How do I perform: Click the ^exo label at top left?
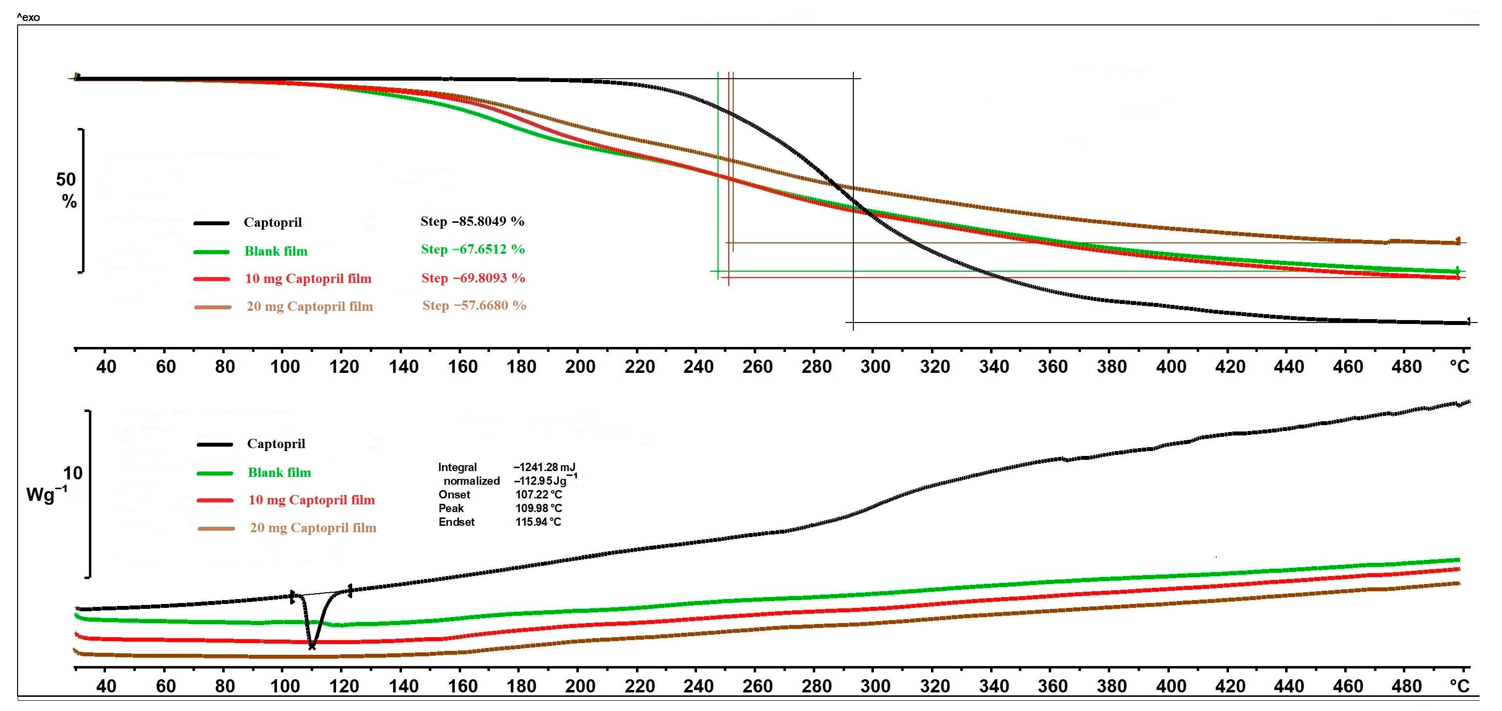[x=28, y=18]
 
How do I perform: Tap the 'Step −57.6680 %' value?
[x=474, y=305]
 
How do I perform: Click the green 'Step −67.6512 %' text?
[x=472, y=249]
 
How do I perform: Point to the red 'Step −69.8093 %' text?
[x=473, y=278]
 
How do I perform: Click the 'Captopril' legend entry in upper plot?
[x=272, y=222]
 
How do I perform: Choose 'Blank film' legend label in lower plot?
[x=279, y=473]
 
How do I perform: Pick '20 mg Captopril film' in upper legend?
[x=309, y=306]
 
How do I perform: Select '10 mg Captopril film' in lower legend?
[x=311, y=500]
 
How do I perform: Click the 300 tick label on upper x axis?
[x=875, y=367]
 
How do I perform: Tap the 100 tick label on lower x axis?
[x=285, y=686]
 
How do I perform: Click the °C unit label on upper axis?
[x=1459, y=367]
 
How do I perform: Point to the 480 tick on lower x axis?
[x=1406, y=686]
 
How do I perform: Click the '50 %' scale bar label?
[x=66, y=190]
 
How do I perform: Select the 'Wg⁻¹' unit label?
[x=46, y=495]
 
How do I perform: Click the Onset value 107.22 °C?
[x=538, y=495]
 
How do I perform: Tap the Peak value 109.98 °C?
[x=538, y=508]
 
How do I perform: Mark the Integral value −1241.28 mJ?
[x=544, y=467]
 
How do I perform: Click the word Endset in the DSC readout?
[x=457, y=522]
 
